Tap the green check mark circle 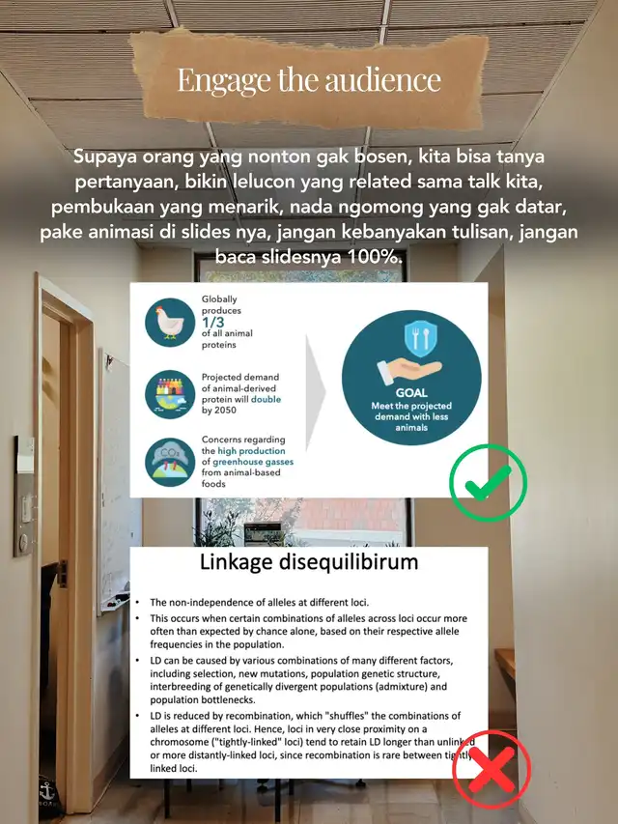tap(489, 483)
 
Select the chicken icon tap(170, 323)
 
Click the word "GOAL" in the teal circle tap(410, 394)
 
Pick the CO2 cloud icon tap(170, 461)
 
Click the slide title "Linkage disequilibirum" tap(309, 563)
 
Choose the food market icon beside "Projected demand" tap(170, 392)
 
